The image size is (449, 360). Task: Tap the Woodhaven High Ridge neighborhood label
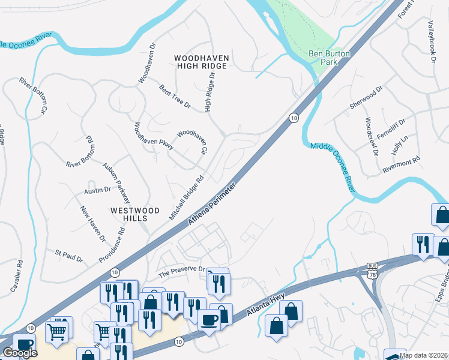(x=200, y=62)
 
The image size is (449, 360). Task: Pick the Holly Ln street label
(x=400, y=145)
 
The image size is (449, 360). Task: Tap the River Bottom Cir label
(x=34, y=95)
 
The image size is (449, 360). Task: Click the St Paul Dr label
(x=69, y=256)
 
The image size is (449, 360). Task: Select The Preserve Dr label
(x=181, y=271)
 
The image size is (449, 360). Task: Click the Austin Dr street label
(x=97, y=190)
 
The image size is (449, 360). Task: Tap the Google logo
(x=19, y=353)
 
